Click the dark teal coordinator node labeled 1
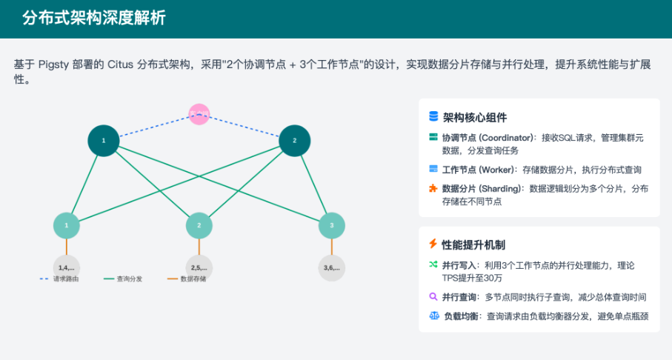(104, 140)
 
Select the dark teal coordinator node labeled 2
(294, 140)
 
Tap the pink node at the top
(199, 114)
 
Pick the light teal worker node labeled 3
(332, 225)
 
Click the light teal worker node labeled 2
(199, 225)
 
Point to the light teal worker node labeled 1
(67, 225)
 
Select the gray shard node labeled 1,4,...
(67, 267)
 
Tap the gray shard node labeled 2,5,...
(199, 267)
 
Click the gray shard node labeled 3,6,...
(332, 267)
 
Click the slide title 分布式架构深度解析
(94, 19)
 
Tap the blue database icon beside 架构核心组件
(433, 117)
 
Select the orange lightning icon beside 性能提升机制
(433, 244)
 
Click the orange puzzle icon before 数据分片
(433, 188)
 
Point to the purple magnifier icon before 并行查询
(433, 297)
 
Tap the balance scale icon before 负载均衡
(433, 316)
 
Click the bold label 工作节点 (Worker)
(480, 170)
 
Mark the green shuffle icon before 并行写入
(433, 264)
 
